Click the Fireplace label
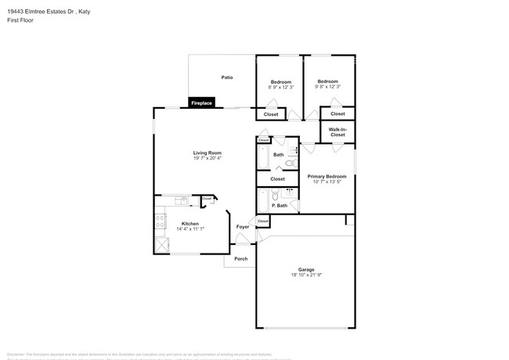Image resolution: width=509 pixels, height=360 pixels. pos(202,103)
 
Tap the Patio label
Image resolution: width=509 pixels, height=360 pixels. pos(227,77)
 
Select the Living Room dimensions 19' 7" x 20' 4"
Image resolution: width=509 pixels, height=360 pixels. pos(208,158)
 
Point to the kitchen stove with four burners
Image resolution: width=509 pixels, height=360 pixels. pos(161,221)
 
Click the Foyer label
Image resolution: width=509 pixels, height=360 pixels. pos(243,227)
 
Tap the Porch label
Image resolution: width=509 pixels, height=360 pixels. pos(241,258)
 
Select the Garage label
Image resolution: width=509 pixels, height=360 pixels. pos(305,269)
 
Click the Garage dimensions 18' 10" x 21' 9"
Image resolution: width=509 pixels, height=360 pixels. pos(305,275)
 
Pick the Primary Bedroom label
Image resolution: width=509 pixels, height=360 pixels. pos(327,176)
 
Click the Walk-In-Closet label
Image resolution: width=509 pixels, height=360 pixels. pos(337,131)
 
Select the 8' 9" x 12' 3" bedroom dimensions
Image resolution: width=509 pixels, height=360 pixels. pos(281,88)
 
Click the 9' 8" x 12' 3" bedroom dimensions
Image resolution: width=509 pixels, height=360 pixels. pos(327,88)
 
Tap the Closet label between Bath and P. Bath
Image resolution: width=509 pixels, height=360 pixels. pos(277,179)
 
